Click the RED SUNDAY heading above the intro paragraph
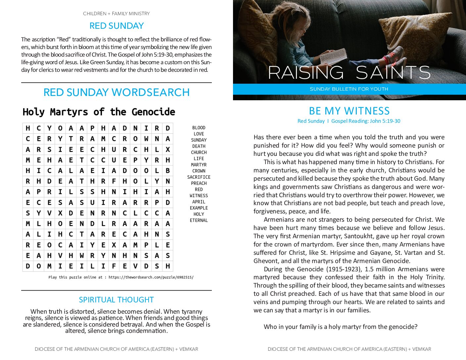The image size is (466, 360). coord(117,26)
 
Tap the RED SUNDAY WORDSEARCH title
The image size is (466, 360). coord(117,92)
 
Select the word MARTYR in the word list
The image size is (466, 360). coord(199,165)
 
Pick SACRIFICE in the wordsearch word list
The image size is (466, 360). coord(199,177)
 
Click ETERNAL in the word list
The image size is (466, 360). coord(199,220)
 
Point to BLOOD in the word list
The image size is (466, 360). coord(199,128)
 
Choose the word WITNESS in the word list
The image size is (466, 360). coord(199,196)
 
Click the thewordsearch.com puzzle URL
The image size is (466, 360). coord(151,277)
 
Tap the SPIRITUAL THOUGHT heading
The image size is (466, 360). coord(117,300)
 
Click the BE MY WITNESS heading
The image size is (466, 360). coord(349,111)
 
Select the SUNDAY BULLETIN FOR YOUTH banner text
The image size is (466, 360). coord(349,89)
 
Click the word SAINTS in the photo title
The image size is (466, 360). coord(393,72)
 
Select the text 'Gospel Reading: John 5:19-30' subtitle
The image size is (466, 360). coord(366,121)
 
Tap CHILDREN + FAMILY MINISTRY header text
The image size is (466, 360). coord(117,14)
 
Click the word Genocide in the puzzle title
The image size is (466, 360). coord(153,112)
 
